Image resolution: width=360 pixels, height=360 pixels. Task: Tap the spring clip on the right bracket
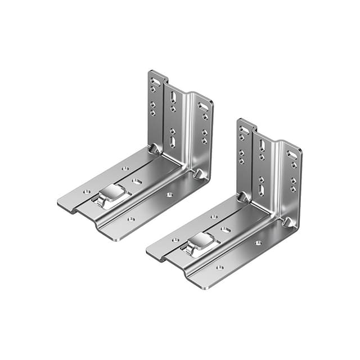point(201,242)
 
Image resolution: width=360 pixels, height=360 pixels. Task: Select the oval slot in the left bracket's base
point(137,182)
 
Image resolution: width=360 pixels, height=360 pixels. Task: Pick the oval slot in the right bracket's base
point(226,230)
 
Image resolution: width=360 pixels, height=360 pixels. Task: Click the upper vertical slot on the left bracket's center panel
point(173,98)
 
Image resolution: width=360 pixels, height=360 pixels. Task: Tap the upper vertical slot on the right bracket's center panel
point(262,145)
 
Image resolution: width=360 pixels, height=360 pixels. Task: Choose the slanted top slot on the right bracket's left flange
point(243,130)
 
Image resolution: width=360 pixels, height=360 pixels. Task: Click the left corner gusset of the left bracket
point(153,149)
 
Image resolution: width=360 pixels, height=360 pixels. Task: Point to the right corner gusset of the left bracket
point(200,174)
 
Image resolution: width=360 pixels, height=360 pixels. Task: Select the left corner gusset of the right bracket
point(242,197)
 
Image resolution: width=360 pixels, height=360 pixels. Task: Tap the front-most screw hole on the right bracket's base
point(219,267)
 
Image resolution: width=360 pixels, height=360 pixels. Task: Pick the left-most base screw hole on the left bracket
point(87,192)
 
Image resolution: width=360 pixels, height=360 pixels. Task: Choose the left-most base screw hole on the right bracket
point(175,240)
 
